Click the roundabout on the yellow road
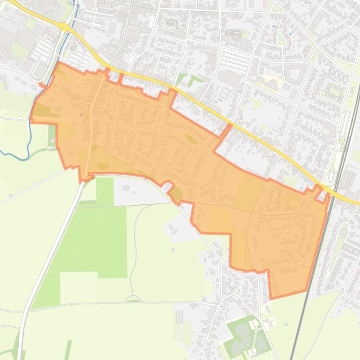[65, 27]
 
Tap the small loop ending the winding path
[134, 298]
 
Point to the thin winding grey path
[135, 243]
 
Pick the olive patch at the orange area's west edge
[42, 111]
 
